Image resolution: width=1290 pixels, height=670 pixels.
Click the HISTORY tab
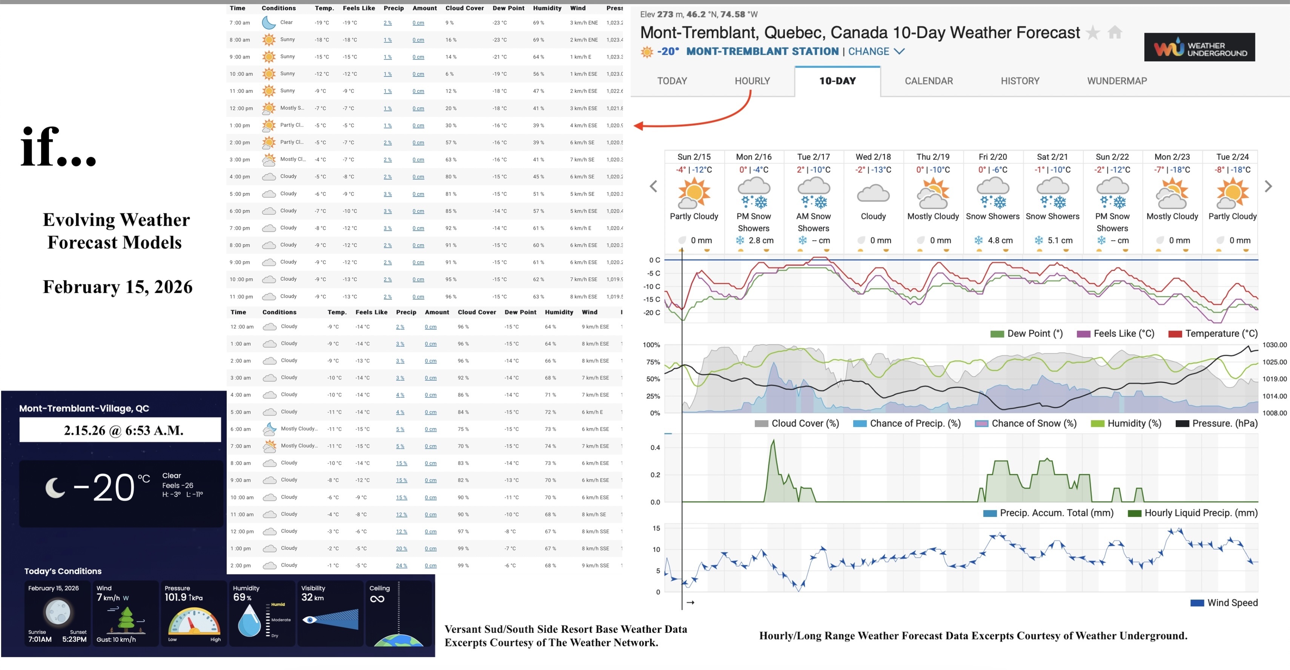click(x=1020, y=81)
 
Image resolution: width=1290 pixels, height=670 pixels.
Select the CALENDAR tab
click(x=928, y=81)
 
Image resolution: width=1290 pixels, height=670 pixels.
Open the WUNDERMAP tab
click(x=1117, y=81)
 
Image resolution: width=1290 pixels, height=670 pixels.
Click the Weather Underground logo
click(x=1199, y=47)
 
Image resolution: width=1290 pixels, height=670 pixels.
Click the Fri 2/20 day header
click(x=992, y=157)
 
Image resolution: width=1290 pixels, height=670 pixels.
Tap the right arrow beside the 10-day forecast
click(x=1268, y=187)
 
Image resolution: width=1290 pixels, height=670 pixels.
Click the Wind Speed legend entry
click(x=1232, y=603)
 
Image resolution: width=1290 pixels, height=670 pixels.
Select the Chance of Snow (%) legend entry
click(x=1034, y=423)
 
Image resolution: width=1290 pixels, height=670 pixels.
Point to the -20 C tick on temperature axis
click(x=651, y=313)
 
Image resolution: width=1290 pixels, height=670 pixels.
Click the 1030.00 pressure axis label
click(x=1274, y=345)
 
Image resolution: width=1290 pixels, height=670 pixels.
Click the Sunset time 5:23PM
click(x=74, y=639)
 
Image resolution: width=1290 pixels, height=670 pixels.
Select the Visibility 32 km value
click(x=312, y=597)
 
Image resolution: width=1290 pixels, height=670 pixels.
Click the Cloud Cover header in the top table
click(x=464, y=8)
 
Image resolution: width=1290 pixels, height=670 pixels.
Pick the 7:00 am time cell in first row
click(x=240, y=23)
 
